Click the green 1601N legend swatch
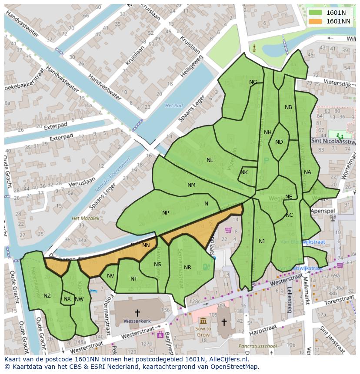pos(315,13)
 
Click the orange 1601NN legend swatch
pos(315,21)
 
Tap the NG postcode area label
pos(253,82)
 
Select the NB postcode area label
pos(288,107)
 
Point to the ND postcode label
pos(279,142)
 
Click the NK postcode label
pos(244,172)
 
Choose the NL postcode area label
pos(210,160)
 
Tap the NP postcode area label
pos(166,213)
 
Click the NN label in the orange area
pos(146,245)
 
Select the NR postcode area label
pos(187,268)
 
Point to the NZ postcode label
pos(47,296)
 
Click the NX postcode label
pos(67,299)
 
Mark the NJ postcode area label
pos(261,242)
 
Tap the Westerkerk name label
pos(137,321)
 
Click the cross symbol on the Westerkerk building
pos(137,312)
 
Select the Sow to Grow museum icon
pos(203,321)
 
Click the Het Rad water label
pos(174,106)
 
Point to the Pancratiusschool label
pos(257,346)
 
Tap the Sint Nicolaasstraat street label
pos(333,141)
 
